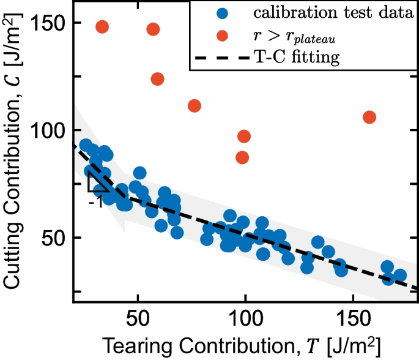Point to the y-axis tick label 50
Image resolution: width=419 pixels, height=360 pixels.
click(56, 238)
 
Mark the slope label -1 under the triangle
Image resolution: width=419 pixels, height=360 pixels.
click(95, 201)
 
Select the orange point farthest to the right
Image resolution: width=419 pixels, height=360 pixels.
click(369, 117)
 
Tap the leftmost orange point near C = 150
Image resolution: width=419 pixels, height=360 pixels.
click(102, 27)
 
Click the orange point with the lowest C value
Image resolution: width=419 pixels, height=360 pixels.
click(243, 157)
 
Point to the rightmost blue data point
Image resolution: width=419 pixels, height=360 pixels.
click(399, 276)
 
